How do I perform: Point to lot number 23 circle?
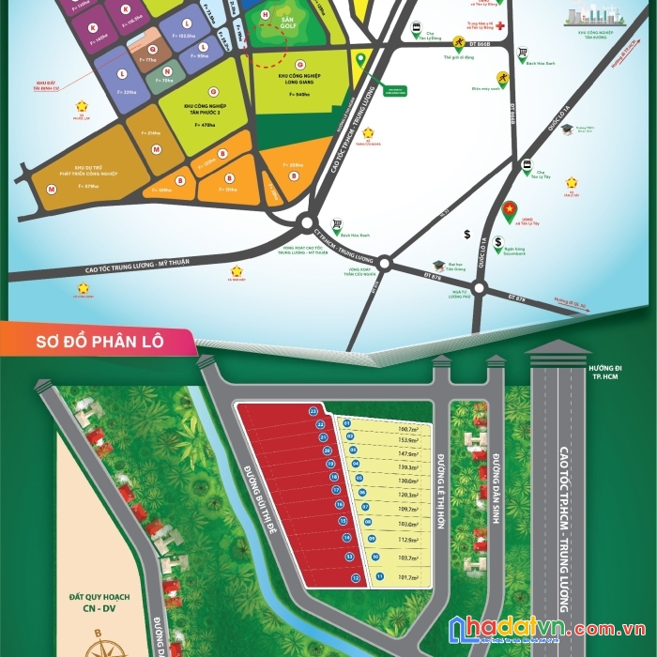click(x=313, y=411)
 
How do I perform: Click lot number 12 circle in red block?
click(x=356, y=579)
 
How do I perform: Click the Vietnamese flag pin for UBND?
click(x=510, y=206)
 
